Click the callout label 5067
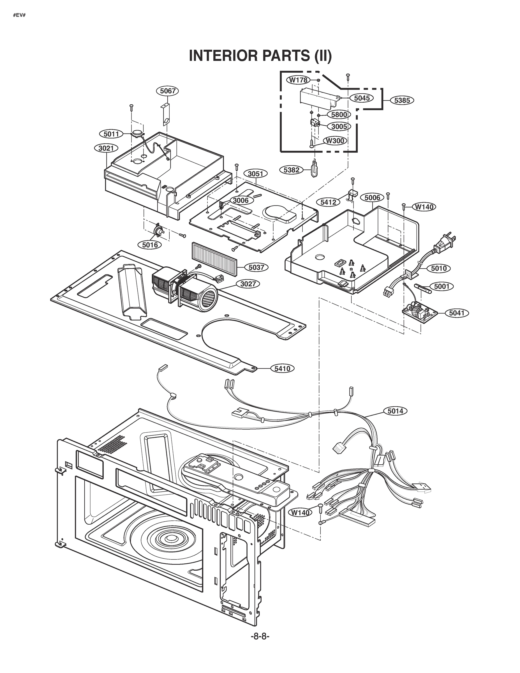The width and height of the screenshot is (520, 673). (168, 91)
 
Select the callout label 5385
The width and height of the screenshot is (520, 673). (402, 100)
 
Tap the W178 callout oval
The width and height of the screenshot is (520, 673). (299, 80)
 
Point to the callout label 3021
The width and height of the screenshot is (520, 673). (106, 148)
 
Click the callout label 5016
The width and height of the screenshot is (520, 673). (150, 245)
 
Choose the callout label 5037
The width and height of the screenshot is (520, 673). (256, 267)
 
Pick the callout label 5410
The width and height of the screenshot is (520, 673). (282, 368)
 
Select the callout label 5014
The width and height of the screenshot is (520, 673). (395, 411)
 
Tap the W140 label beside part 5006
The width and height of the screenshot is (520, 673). (424, 207)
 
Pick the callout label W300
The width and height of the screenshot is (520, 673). (335, 140)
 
